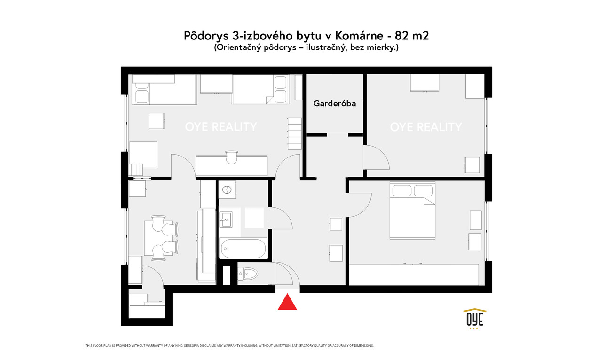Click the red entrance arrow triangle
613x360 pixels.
coord(287,303)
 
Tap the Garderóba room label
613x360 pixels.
coord(334,103)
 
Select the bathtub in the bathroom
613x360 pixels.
coord(244,249)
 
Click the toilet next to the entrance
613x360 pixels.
coord(248,273)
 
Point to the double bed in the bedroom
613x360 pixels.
coord(412,210)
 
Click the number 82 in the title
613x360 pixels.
coord(402,36)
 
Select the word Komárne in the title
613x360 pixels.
coord(359,36)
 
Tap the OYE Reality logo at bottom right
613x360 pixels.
coord(475,319)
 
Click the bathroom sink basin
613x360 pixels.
coord(226,219)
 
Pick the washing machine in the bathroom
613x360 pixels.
coord(227,189)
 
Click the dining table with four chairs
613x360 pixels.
coord(161,237)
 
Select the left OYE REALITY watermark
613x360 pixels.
coord(221,127)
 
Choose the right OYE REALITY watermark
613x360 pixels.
coord(426,127)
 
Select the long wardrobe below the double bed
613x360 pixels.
coord(414,274)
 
